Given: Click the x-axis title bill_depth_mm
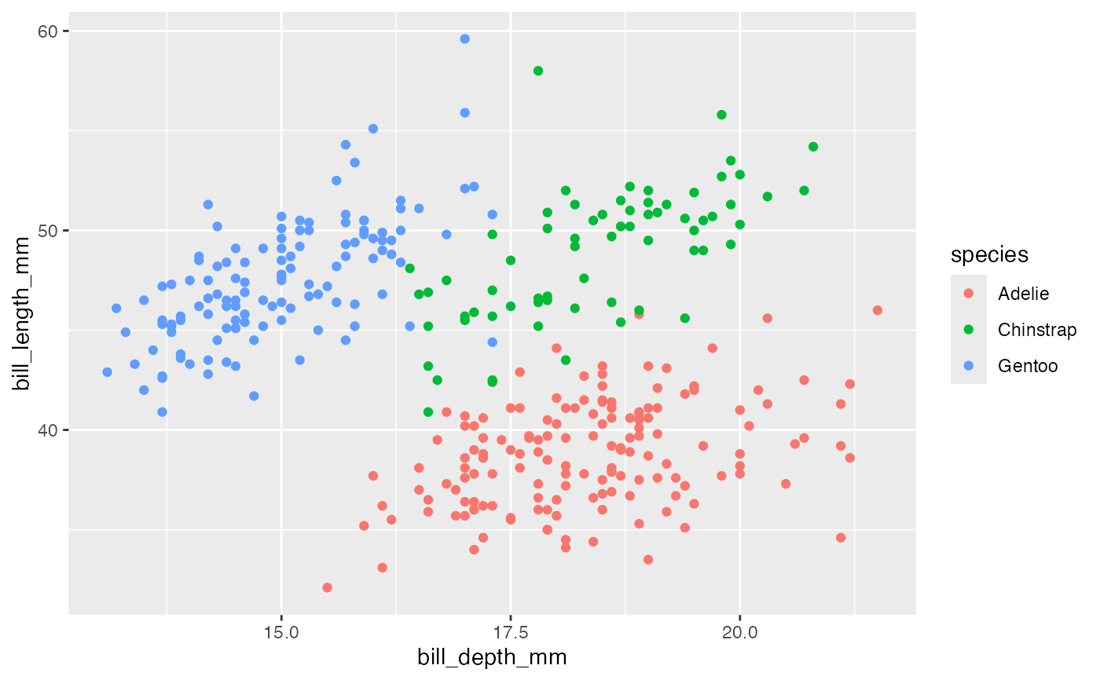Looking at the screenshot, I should [x=492, y=657].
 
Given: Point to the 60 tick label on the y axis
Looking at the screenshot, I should [x=49, y=31].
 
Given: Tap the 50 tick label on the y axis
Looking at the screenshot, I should [x=49, y=230].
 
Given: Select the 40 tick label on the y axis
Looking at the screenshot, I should [x=49, y=430].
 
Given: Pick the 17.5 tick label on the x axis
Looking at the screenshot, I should [x=511, y=633].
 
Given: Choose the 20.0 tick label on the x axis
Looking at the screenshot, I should [x=739, y=633].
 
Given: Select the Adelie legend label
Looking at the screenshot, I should [x=1023, y=294].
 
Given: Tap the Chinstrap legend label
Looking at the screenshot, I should [x=1037, y=330].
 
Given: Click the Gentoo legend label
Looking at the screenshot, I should [x=1028, y=366].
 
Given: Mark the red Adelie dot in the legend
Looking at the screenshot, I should [x=969, y=294].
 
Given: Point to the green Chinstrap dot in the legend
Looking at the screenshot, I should [x=969, y=330].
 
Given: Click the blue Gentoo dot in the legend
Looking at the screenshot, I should [x=969, y=366].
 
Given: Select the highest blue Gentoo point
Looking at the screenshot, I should [x=464, y=38].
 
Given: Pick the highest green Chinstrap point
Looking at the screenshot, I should [x=538, y=71].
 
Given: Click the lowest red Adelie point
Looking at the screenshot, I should [x=327, y=587].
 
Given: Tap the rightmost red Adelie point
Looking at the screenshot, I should [x=878, y=310].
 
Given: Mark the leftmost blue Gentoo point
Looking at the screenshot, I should [x=107, y=372].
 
